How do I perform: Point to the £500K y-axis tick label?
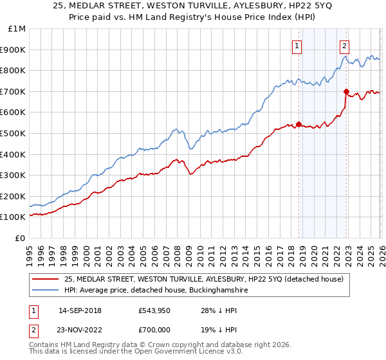tap(14, 133)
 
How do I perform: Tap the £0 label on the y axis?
tap(21, 238)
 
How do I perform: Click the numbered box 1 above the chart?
tap(297, 46)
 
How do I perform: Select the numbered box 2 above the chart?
tap(345, 46)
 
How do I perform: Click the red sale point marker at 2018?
tap(299, 124)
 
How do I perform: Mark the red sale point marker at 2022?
tap(346, 91)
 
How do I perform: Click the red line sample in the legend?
tap(46, 279)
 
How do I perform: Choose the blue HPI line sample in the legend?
tap(46, 291)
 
